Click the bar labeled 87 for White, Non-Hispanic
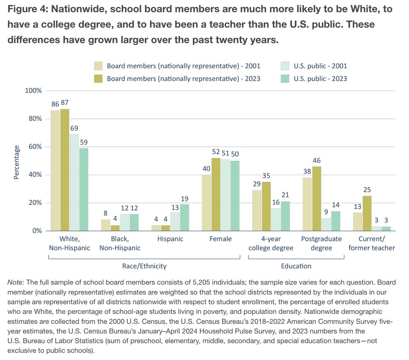tap(65, 170)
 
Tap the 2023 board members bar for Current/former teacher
tap(366, 213)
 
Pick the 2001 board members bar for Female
tap(206, 203)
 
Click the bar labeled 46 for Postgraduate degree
tap(316, 198)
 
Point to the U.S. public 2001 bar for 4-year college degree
tap(276, 219)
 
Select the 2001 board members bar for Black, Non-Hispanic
tap(106, 225)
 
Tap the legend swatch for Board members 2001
tap(98, 66)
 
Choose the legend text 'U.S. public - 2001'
tap(320, 66)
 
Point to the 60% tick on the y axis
tap(34, 147)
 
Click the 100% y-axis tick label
tap(33, 91)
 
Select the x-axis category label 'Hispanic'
tap(170, 239)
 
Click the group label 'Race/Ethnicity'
tap(144, 266)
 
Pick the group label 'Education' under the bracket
tap(296, 266)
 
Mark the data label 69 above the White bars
tap(74, 128)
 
